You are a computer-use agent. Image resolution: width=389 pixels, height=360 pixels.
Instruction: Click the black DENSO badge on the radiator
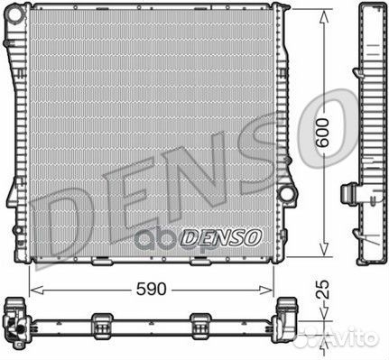(x=221, y=237)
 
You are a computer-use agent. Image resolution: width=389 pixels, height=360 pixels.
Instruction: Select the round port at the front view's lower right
(x=288, y=194)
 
